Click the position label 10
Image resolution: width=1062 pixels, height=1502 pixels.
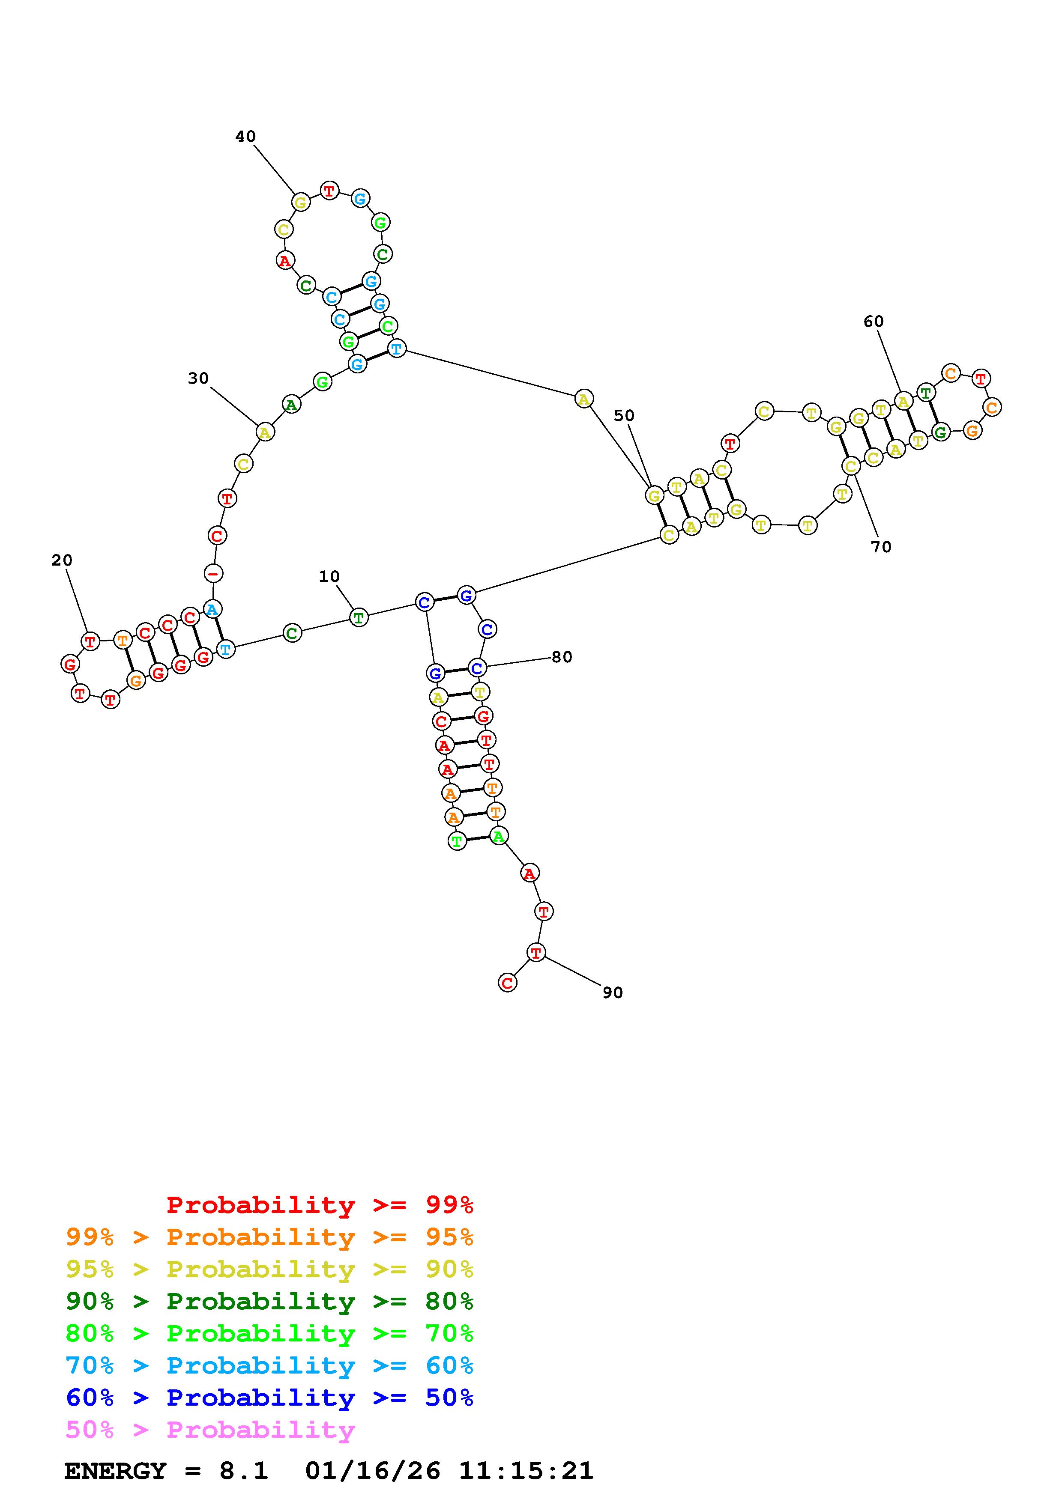coord(329,576)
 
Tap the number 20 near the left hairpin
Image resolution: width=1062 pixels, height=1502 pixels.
coord(62,560)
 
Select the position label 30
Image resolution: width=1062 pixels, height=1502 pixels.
coord(198,378)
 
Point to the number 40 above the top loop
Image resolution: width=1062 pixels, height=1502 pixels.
coord(245,136)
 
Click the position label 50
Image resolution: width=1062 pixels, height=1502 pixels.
coord(624,415)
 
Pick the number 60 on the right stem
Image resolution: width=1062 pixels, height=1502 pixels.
coord(873,321)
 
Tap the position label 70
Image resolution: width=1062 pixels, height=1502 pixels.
coord(881,546)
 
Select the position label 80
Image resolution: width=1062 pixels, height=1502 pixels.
coord(562,657)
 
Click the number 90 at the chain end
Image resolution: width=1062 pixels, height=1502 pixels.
coord(613,992)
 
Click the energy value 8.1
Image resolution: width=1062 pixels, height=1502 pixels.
coord(243,1471)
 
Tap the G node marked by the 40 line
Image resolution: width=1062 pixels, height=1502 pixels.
coord(300,202)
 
